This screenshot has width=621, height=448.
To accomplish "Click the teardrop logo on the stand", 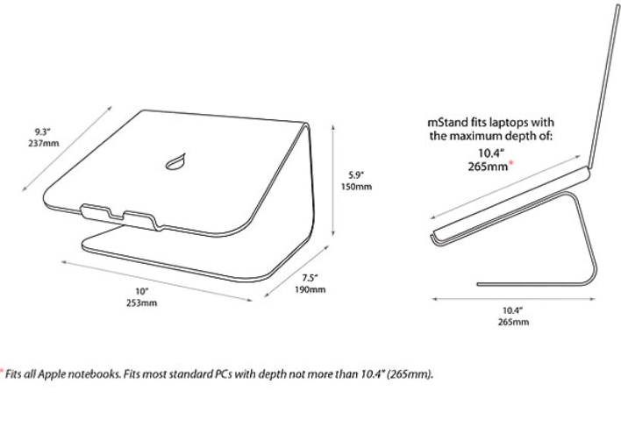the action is (175, 161).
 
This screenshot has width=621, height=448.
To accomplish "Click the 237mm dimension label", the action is (43, 143).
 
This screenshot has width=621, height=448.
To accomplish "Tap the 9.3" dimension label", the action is (42, 132).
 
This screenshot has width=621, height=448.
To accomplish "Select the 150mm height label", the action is (356, 187).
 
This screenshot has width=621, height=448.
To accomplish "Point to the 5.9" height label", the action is (356, 175).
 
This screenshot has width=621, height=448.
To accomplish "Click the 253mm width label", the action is (141, 302).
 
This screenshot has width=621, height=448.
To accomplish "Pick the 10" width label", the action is (141, 291).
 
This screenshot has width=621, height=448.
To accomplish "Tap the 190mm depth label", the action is (310, 289).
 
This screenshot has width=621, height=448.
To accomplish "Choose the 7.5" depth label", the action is (310, 278).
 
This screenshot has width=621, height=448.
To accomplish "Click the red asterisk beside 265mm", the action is (511, 163).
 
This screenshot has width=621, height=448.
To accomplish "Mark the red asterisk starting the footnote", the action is (1, 371).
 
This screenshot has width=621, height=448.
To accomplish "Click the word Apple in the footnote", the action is (52, 374).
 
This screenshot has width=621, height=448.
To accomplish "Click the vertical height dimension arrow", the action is (333, 180).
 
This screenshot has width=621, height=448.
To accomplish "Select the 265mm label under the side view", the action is (513, 322).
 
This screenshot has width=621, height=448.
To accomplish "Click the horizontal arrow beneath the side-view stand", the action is (513, 299).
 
